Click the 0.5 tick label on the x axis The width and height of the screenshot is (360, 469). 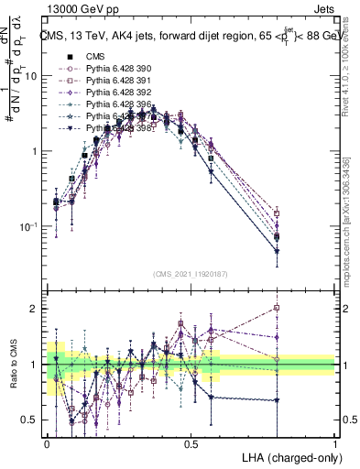click(191, 443)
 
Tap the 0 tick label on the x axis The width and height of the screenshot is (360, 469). click(47, 443)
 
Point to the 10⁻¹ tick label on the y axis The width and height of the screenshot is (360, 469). click(30, 226)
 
